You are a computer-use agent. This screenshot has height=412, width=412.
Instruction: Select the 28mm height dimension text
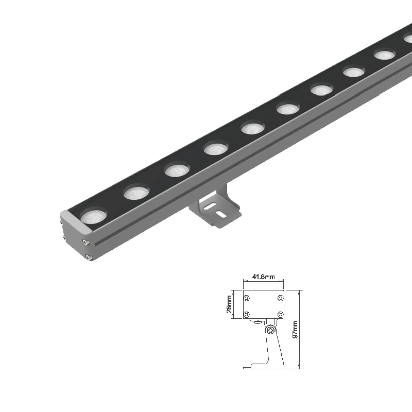(229, 304)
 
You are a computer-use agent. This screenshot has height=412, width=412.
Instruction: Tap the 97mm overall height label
(295, 330)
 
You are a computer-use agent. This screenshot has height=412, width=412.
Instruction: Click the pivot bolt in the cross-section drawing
(270, 330)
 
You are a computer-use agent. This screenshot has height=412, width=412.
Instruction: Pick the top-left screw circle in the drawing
(247, 298)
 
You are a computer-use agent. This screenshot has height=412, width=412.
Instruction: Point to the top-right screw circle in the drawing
(281, 298)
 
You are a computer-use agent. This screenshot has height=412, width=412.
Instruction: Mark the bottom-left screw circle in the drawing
(247, 314)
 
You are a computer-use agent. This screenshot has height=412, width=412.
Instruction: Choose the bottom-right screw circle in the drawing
(281, 314)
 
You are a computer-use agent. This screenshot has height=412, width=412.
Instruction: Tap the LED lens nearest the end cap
(93, 215)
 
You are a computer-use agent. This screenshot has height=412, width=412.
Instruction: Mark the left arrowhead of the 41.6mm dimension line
(245, 282)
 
